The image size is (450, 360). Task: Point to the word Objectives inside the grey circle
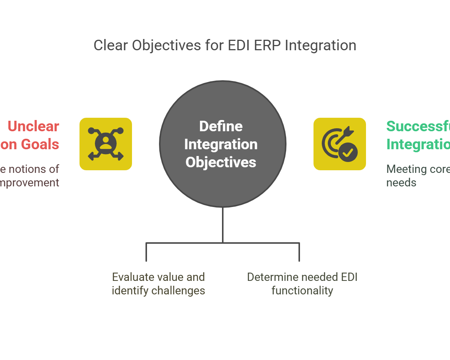point(221,162)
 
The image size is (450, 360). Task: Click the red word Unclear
point(33,126)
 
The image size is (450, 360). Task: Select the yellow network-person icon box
point(106,144)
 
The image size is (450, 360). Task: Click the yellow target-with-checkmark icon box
point(340,144)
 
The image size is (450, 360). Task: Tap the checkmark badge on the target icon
point(348,152)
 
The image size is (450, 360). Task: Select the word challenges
point(182,291)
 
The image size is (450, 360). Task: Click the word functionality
point(302,291)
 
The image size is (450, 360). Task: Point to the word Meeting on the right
point(406,169)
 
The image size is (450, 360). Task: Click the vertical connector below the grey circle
point(223,225)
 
